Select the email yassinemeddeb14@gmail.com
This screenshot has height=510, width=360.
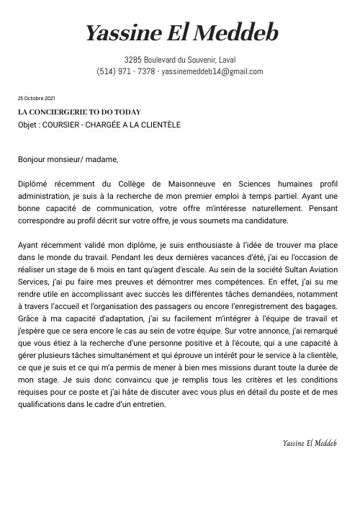pos(212,71)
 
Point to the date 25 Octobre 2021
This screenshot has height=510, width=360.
pos(36,98)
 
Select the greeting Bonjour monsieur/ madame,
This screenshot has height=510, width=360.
pos(67,159)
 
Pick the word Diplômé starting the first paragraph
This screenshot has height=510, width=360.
pos(34,183)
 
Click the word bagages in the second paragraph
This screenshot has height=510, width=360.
pos(322,306)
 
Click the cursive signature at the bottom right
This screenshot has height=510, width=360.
pos(310,442)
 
